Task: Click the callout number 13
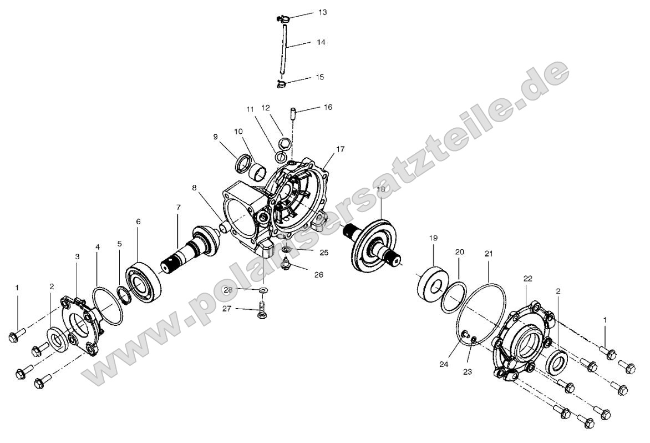pyautogui.click(x=322, y=12)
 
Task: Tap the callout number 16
pyautogui.click(x=328, y=107)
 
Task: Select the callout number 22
pyautogui.click(x=527, y=278)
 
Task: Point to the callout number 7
pyautogui.click(x=179, y=208)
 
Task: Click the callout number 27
pyautogui.click(x=227, y=309)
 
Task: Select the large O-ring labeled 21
pyautogui.click(x=481, y=314)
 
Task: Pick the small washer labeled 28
pyautogui.click(x=262, y=290)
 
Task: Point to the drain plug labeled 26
pyautogui.click(x=286, y=265)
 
